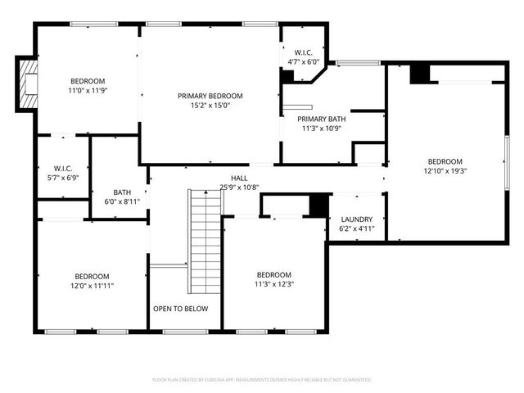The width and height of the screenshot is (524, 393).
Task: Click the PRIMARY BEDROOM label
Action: (210, 96)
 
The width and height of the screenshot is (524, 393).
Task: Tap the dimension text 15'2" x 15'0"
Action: (210, 106)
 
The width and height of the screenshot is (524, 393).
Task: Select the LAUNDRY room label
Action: (355, 219)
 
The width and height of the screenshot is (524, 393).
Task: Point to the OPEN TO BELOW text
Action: (180, 309)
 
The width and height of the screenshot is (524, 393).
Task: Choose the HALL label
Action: (238, 178)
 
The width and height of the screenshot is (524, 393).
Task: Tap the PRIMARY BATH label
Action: (323, 119)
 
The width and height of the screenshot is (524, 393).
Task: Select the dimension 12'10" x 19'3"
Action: (445, 171)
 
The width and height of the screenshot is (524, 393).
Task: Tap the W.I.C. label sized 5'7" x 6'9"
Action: (63, 169)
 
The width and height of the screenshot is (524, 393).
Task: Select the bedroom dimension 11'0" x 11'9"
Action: (87, 91)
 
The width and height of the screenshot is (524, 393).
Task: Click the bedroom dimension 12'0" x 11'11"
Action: (92, 287)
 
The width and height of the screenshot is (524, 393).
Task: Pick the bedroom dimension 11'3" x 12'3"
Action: (273, 284)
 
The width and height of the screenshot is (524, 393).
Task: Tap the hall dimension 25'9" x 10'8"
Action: (238, 187)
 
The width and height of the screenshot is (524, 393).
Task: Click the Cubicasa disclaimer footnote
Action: (262, 380)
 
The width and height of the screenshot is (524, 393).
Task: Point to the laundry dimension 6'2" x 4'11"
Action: (355, 229)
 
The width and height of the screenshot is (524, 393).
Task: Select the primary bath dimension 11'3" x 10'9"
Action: (323, 129)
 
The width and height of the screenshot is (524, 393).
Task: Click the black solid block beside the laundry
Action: (318, 205)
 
